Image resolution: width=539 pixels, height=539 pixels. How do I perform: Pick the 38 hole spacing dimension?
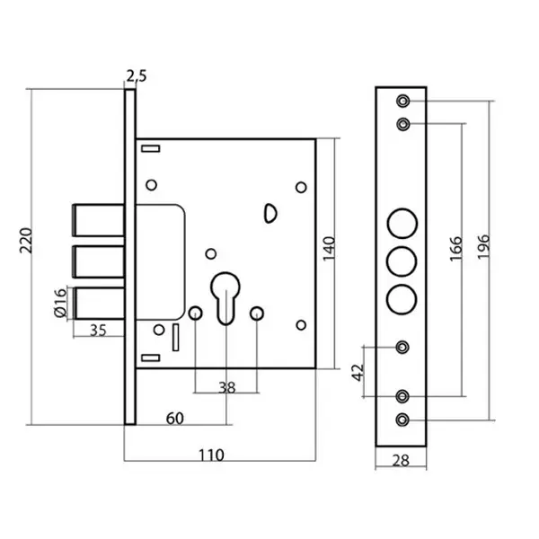click(227, 388)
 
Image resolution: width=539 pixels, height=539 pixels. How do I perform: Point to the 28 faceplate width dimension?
click(401, 461)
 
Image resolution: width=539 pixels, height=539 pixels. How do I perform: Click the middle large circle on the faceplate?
click(402, 261)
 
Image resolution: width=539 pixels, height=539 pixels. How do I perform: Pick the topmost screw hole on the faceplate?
click(403, 100)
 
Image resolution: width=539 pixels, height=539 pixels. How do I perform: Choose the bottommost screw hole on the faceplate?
click(403, 419)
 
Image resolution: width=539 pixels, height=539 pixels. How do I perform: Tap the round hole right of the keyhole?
click(257, 313)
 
